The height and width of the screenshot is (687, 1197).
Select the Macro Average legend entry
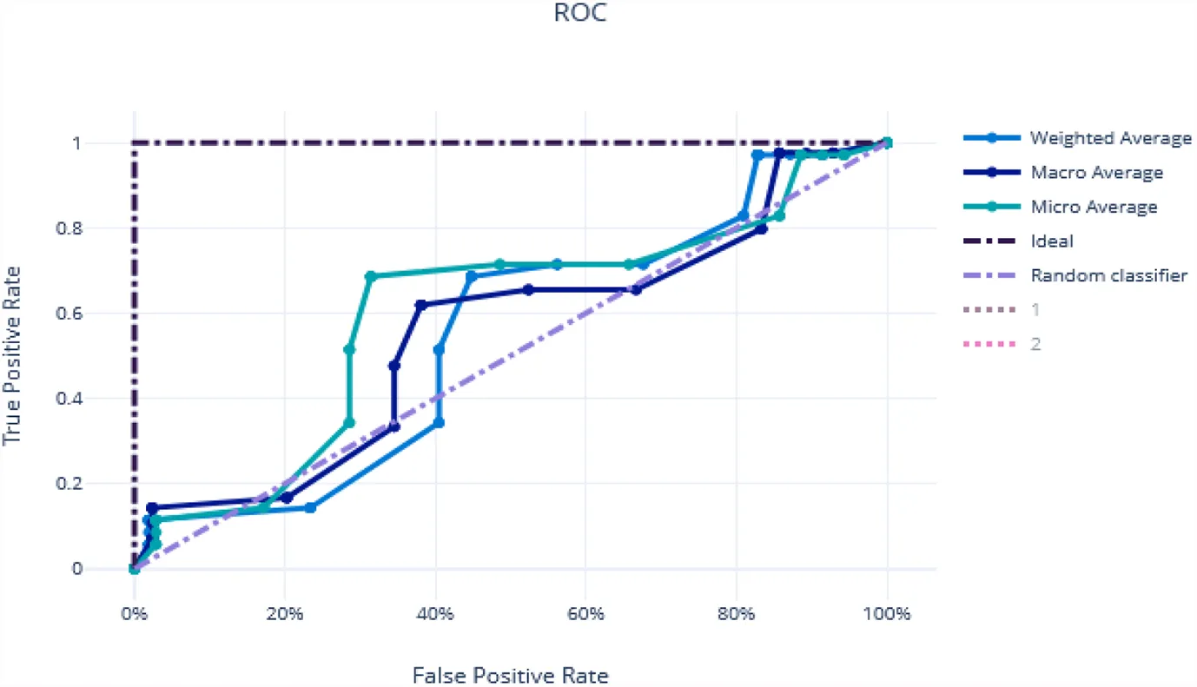[1096, 172]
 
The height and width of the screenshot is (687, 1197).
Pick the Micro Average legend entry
[1094, 207]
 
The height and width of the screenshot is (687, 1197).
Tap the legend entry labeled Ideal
[1051, 241]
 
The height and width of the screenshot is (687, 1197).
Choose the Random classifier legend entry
[1109, 275]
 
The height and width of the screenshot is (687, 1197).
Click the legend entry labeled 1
[1035, 309]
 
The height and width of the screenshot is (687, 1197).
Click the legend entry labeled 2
[1035, 344]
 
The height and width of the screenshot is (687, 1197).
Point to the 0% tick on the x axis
[134, 613]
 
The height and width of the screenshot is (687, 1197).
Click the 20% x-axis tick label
[284, 613]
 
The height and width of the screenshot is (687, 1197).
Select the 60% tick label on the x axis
[585, 613]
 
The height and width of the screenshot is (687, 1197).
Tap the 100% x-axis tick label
[887, 613]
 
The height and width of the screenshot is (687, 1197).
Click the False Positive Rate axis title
[510, 675]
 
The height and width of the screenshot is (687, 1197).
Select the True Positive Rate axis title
[12, 355]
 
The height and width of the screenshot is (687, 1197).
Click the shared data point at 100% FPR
[887, 142]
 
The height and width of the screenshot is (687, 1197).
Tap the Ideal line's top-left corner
[134, 142]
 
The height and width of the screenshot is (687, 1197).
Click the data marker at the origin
[134, 569]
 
